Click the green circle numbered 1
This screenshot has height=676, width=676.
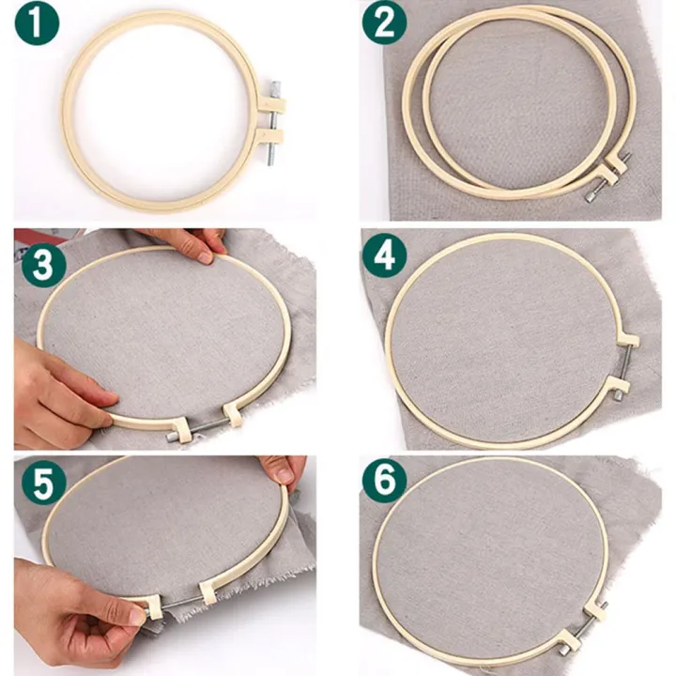coord(37,24)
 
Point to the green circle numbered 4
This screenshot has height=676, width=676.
coord(385,256)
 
